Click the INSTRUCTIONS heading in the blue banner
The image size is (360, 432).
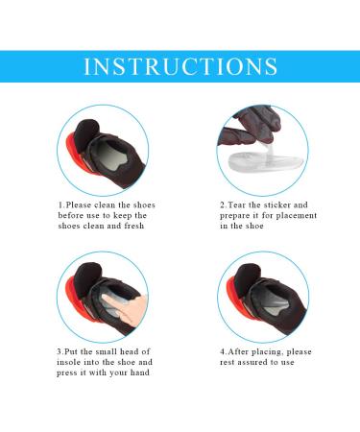point(180,67)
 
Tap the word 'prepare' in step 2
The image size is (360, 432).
point(240,216)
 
